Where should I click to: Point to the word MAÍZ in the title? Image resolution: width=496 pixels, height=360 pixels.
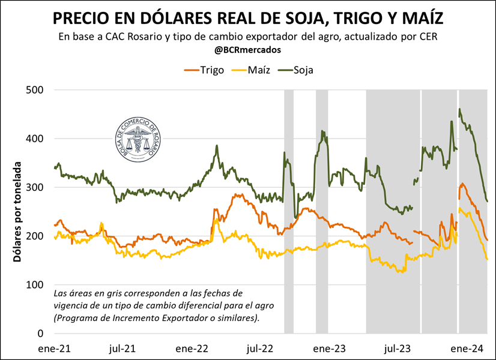[417, 17]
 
